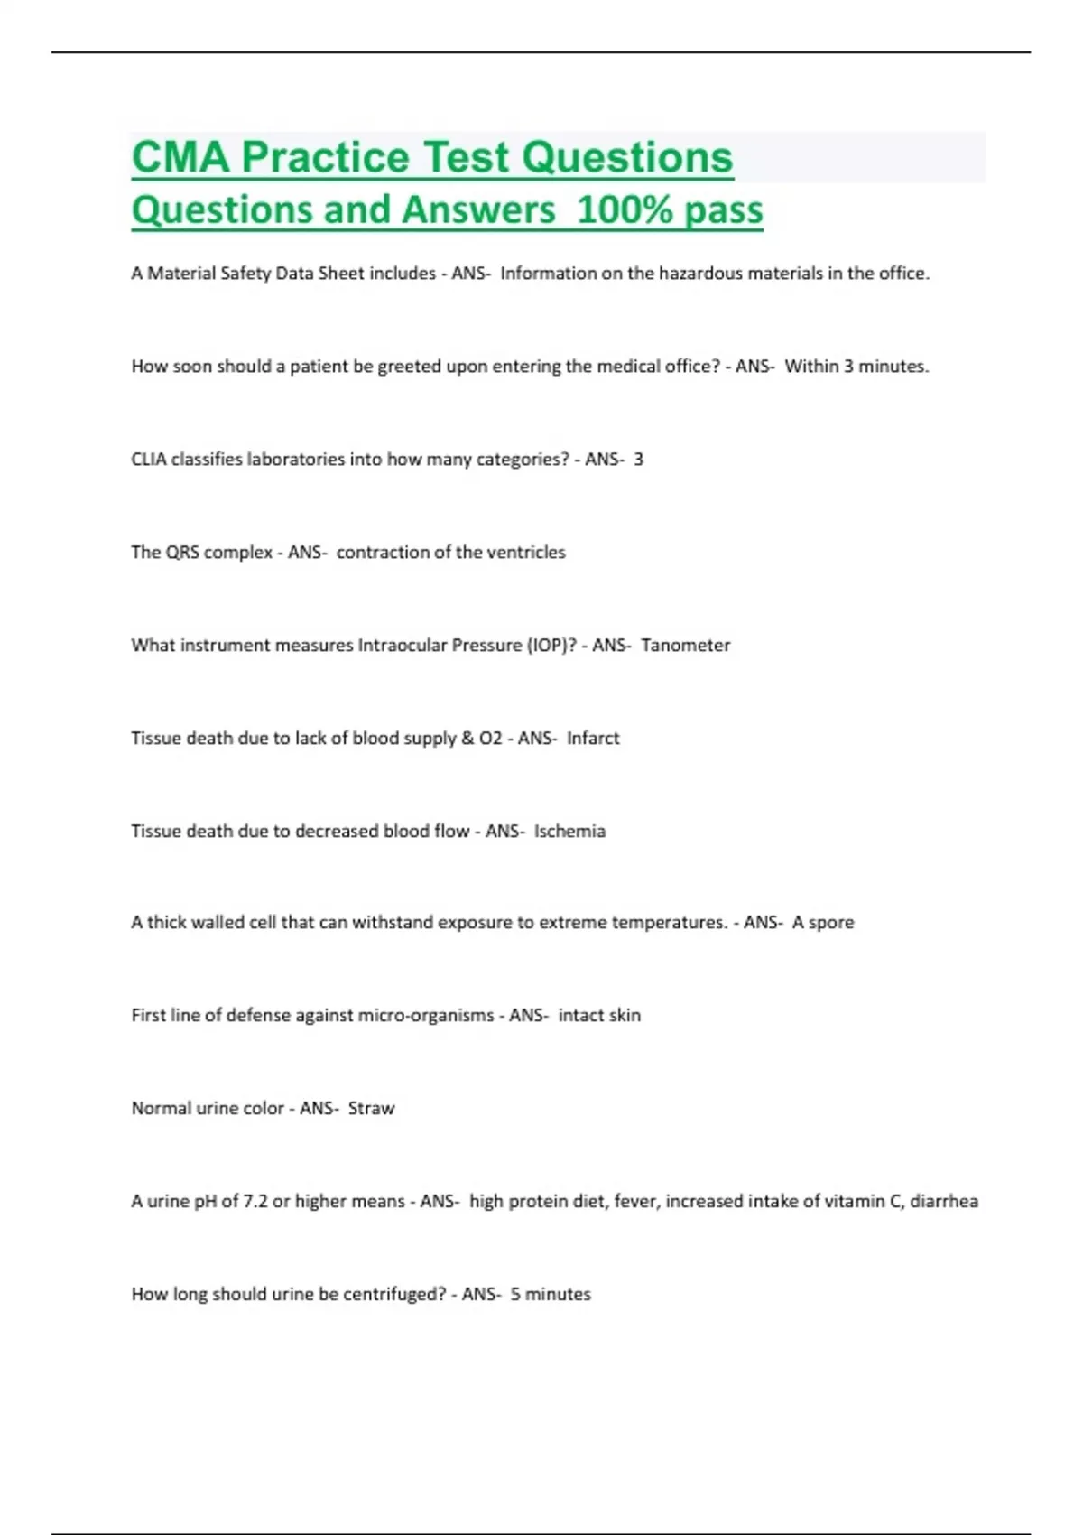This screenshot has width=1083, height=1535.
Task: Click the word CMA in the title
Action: [x=180, y=157]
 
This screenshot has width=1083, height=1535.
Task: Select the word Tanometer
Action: [x=685, y=645]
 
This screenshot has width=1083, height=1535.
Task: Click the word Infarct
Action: [x=593, y=738]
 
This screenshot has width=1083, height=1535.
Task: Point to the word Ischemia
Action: [x=569, y=831]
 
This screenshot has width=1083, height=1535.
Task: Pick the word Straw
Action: [x=371, y=1108]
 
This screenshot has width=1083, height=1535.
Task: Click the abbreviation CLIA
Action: [x=149, y=459]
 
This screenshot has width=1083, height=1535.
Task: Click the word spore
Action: [x=831, y=922]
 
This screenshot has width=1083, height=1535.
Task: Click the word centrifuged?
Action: [x=396, y=1294]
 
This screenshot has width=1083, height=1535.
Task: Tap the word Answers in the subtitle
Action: [x=478, y=209]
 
